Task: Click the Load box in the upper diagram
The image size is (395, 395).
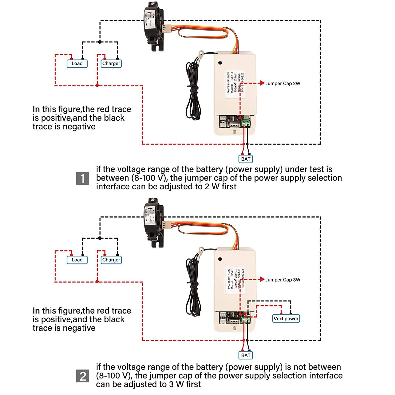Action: point(77,63)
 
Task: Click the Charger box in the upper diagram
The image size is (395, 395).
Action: point(111,63)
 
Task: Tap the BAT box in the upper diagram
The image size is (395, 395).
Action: point(246,159)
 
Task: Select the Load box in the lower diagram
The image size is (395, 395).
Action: point(77,260)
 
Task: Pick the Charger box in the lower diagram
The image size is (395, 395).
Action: point(111,260)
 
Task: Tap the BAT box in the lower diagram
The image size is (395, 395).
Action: point(246,355)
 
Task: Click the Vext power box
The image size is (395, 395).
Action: point(286,319)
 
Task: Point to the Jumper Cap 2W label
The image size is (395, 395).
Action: point(283,83)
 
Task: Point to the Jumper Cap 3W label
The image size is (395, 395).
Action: point(283,280)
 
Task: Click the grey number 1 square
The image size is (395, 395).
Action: point(83,178)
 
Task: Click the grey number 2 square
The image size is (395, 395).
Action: point(83,376)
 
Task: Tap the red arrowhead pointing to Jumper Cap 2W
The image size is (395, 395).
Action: point(262,83)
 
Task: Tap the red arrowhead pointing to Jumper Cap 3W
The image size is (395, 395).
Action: point(262,279)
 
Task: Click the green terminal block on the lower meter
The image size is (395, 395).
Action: point(246,320)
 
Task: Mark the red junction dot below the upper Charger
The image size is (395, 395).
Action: point(97,85)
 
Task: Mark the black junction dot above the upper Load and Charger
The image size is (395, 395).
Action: point(100,42)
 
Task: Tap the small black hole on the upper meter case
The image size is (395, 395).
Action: point(220,63)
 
